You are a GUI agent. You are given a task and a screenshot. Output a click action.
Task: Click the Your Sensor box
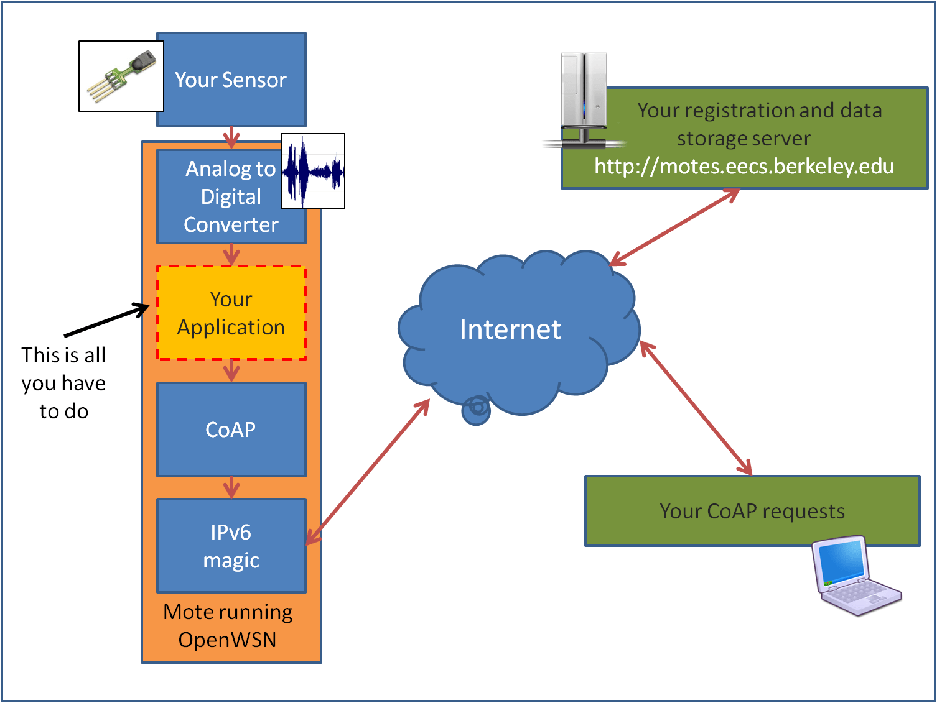click(x=231, y=80)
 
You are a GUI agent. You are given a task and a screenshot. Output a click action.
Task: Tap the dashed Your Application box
click(x=231, y=313)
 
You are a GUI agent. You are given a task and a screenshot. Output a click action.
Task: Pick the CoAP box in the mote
click(x=231, y=430)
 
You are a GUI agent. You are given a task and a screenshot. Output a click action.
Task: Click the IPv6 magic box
click(x=231, y=546)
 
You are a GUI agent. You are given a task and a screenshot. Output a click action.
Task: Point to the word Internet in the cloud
click(x=510, y=329)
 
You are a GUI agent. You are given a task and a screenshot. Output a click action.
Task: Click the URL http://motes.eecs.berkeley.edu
click(x=744, y=167)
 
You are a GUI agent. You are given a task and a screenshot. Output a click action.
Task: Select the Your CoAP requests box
click(x=752, y=511)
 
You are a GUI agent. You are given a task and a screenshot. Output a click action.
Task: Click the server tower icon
click(x=583, y=99)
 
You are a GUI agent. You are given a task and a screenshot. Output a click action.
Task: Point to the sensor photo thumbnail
click(x=121, y=76)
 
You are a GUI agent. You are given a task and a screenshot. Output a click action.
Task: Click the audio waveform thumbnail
click(x=313, y=171)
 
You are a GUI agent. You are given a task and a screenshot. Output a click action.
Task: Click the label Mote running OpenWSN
click(x=228, y=626)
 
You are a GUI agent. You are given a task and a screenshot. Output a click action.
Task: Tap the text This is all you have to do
click(x=63, y=383)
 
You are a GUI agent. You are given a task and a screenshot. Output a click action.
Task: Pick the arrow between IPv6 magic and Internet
click(x=368, y=472)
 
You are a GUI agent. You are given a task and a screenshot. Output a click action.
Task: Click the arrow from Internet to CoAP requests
click(x=696, y=408)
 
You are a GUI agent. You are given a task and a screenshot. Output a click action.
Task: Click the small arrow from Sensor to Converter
click(x=231, y=137)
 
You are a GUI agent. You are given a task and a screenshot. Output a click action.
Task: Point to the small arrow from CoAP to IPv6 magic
click(x=231, y=487)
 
